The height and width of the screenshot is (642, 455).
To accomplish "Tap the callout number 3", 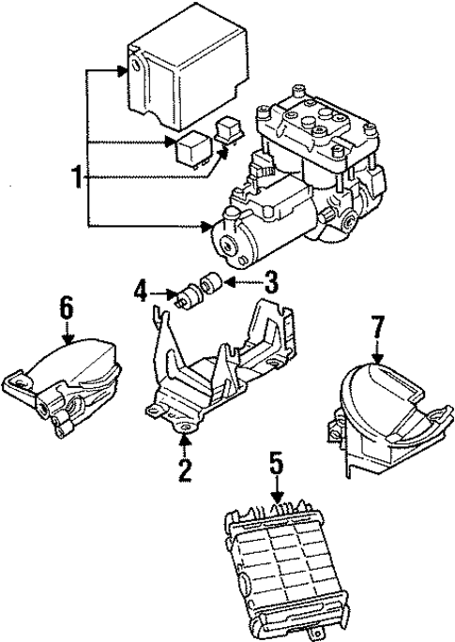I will (271, 279).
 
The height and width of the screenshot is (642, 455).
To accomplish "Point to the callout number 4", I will (138, 292).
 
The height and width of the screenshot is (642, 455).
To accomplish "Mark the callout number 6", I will (66, 306).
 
